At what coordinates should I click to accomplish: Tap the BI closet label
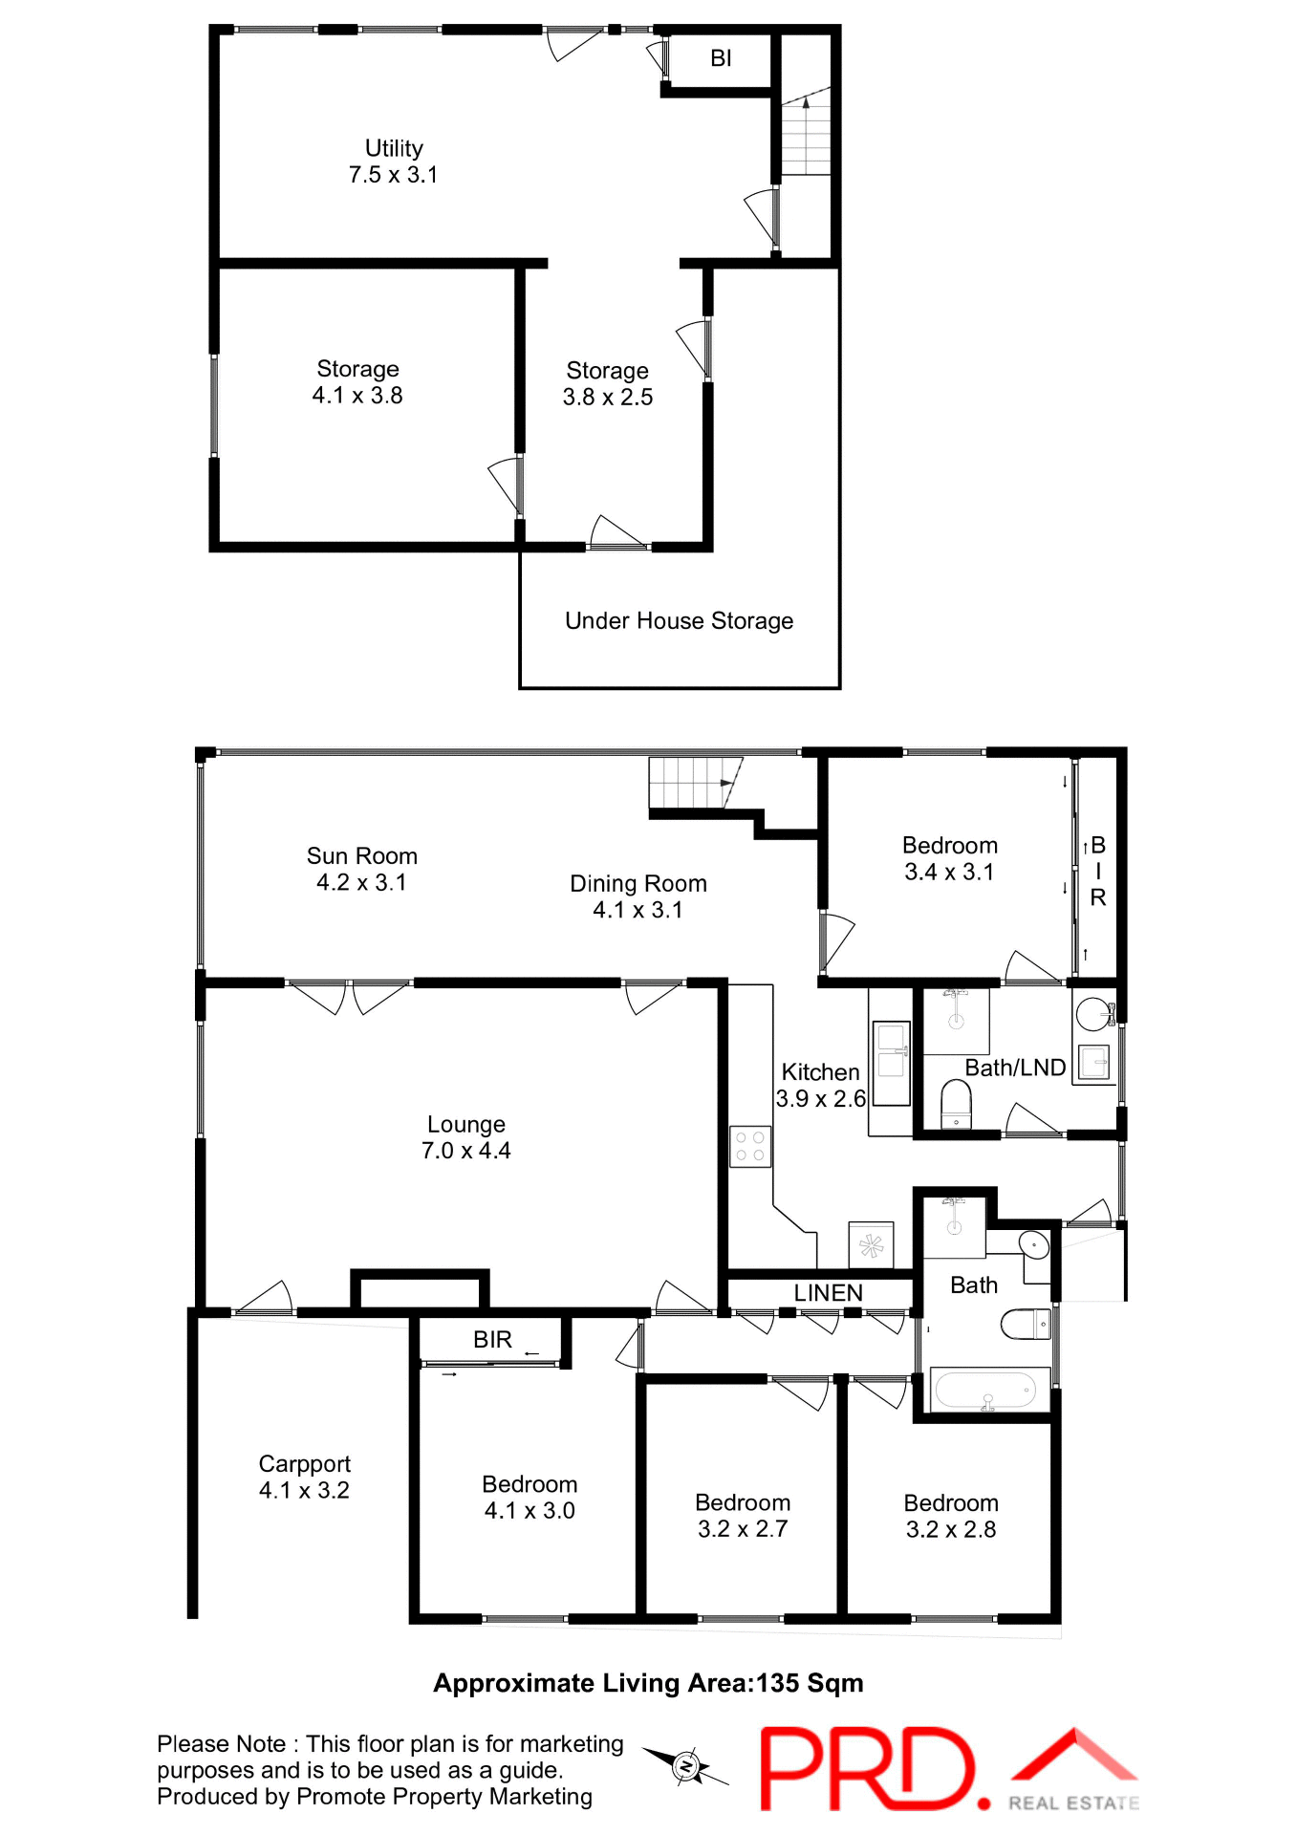coord(721,58)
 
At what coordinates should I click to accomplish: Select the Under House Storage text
coord(679,621)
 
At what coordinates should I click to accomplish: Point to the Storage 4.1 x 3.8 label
coord(357,382)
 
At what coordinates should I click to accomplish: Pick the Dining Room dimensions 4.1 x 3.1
coord(638,910)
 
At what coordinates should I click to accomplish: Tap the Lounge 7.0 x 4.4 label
coord(465,1137)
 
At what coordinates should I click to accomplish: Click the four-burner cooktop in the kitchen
coord(750,1147)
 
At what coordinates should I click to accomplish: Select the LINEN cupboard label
coord(828,1293)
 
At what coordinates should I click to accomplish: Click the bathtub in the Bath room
coord(985,1390)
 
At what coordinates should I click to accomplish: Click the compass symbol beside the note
coord(686,1766)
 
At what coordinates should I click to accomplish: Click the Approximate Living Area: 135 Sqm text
coord(648,1684)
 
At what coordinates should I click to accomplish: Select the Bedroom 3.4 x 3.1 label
coord(950,858)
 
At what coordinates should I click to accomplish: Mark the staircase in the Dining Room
coord(693,784)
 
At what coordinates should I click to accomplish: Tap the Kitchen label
coord(820,1072)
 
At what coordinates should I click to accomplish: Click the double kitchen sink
coord(892,1063)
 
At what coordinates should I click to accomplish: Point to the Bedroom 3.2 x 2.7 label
coord(743,1516)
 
